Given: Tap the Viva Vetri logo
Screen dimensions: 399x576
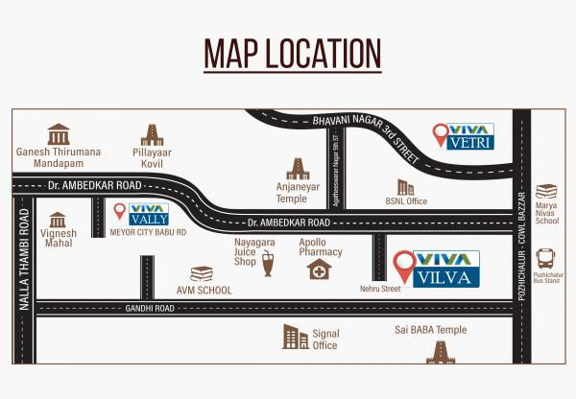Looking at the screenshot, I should click(x=464, y=135).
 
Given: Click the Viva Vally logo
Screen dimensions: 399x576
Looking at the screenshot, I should click(x=141, y=214).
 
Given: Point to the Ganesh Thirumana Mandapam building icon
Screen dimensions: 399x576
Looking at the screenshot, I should click(x=59, y=133).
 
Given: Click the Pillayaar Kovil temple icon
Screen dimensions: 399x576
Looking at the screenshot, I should click(x=153, y=134).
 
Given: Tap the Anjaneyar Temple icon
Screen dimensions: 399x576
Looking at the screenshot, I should click(x=299, y=170).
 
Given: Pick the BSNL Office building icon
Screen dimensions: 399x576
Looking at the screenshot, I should click(x=406, y=187).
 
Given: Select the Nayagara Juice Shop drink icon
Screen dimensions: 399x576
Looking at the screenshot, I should click(x=267, y=265).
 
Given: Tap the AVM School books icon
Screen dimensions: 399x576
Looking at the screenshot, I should click(x=201, y=274).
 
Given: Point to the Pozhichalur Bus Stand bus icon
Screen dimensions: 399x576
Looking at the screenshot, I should click(x=546, y=257).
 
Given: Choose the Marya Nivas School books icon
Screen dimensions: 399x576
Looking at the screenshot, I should click(x=546, y=192).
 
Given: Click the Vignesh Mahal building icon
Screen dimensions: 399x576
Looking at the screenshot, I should click(x=58, y=220).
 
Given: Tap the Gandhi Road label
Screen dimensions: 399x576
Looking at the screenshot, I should click(x=150, y=309).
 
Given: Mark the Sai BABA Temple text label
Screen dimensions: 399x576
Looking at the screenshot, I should click(x=430, y=330).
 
